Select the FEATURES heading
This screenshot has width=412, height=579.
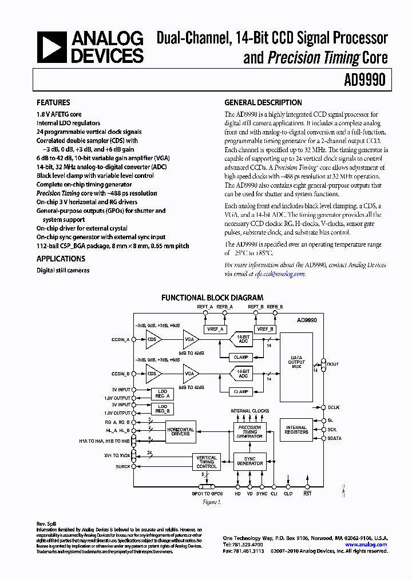53,103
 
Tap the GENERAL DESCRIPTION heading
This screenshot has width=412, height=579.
263,103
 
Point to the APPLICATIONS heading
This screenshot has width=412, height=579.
61,259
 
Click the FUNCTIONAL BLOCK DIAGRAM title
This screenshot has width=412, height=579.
212,298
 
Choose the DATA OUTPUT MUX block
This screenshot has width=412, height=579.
296,362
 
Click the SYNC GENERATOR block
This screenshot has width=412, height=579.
250,461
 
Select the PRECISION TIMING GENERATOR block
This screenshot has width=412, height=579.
250,432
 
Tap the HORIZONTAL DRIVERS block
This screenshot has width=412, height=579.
180,431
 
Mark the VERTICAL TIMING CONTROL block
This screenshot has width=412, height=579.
207,462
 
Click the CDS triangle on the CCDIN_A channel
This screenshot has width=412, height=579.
153,339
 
